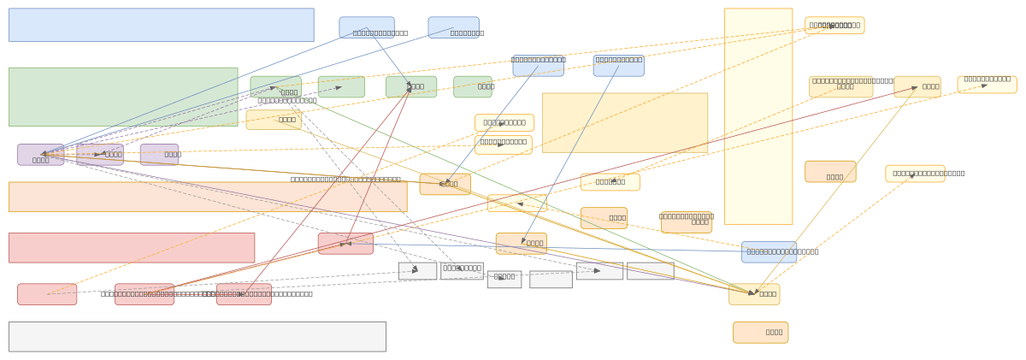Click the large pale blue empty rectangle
pyautogui.click(x=161, y=25)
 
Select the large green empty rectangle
pyautogui.click(x=123, y=97)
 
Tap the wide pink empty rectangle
pyautogui.click(x=132, y=248)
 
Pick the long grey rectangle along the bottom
pyautogui.click(x=197, y=336)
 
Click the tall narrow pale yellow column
pyautogui.click(x=758, y=116)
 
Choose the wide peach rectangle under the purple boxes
pyautogui.click(x=208, y=197)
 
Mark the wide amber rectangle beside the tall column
pyautogui.click(x=624, y=123)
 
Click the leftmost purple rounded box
pyautogui.click(x=40, y=155)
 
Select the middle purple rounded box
pyautogui.click(x=100, y=155)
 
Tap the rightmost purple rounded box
pyautogui.click(x=159, y=155)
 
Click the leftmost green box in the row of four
pyautogui.click(x=275, y=86)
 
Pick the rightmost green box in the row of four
pyautogui.click(x=472, y=86)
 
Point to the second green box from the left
pyautogui.click(x=341, y=86)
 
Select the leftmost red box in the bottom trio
pyautogui.click(x=47, y=294)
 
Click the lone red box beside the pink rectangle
pyautogui.click(x=345, y=244)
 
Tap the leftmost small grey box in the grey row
pyautogui.click(x=417, y=271)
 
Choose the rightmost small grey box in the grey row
pyautogui.click(x=650, y=271)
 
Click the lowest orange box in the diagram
pyautogui.click(x=760, y=333)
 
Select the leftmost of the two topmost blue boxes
pyautogui.click(x=367, y=27)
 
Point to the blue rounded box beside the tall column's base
pyautogui.click(x=769, y=251)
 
